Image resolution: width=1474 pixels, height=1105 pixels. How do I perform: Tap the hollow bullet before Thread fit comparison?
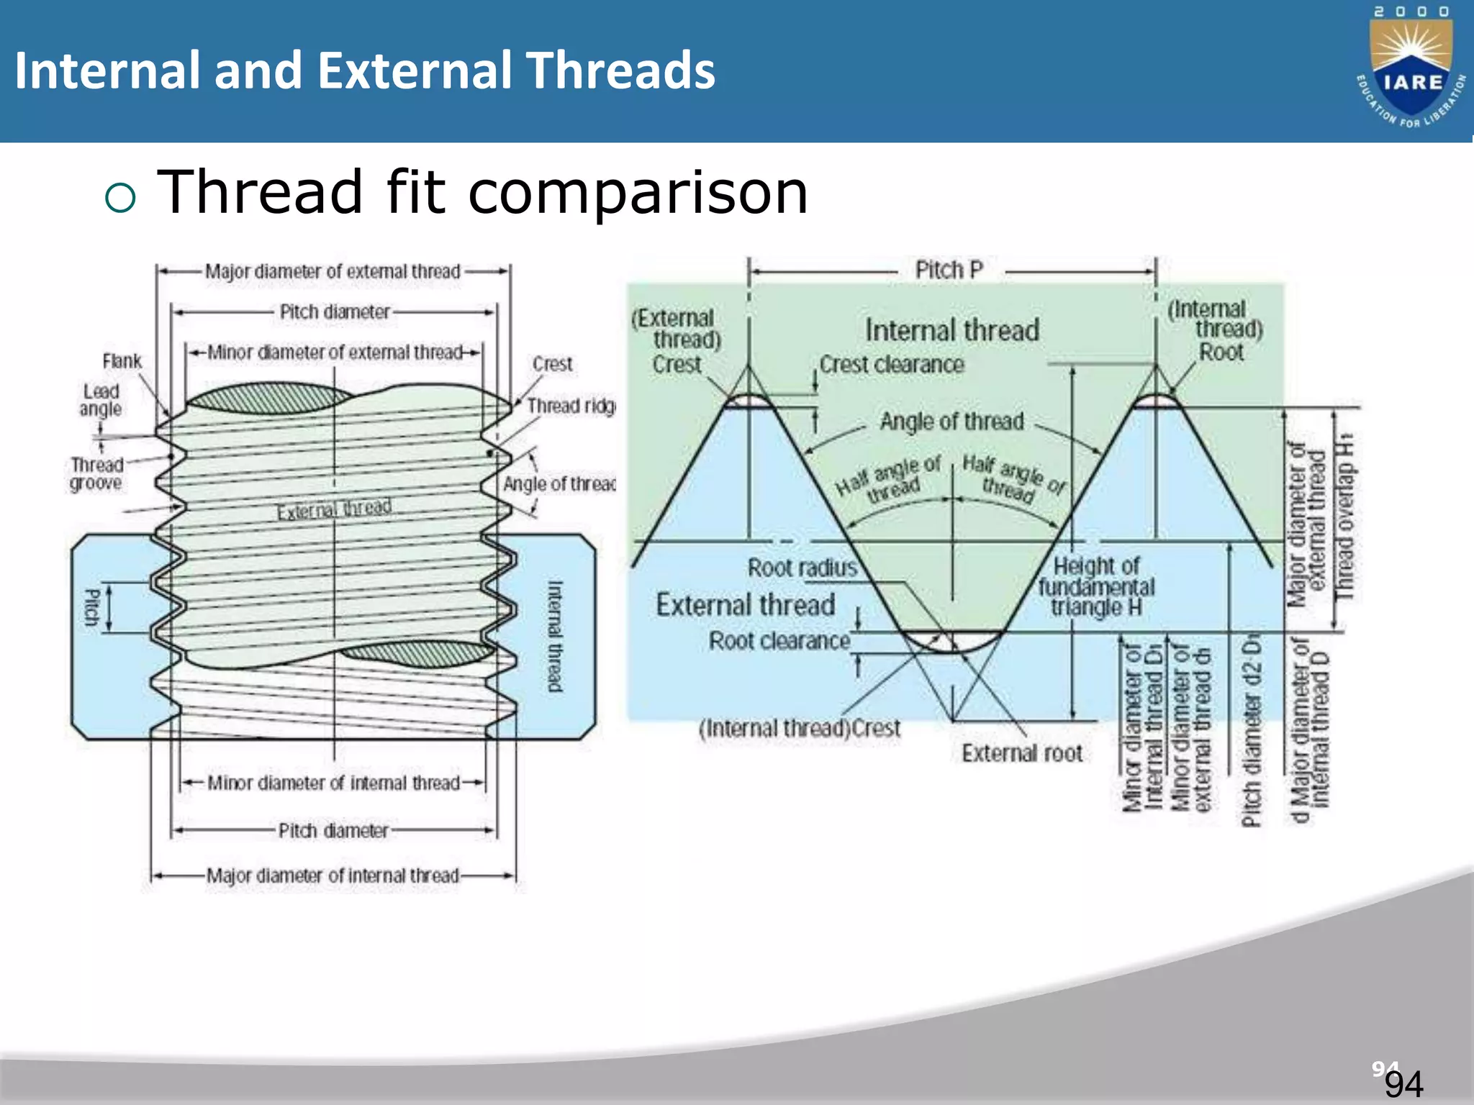(120, 197)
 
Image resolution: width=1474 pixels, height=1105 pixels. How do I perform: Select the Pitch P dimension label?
(949, 270)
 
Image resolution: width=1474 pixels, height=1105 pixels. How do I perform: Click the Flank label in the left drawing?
(122, 361)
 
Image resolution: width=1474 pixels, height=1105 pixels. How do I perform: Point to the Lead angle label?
(101, 401)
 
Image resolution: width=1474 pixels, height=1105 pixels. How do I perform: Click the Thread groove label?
(96, 474)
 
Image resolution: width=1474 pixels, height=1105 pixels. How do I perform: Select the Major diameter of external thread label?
(333, 272)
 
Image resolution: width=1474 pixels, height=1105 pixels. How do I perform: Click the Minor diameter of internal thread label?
(333, 783)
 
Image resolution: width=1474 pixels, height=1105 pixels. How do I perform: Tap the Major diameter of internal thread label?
(333, 876)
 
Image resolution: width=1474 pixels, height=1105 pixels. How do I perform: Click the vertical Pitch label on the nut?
(92, 607)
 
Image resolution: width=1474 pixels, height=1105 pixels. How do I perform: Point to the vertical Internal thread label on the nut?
(555, 636)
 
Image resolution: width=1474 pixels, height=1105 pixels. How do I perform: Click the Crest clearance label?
(892, 365)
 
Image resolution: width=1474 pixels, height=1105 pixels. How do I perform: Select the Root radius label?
(802, 568)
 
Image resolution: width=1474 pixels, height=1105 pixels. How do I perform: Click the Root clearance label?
(779, 641)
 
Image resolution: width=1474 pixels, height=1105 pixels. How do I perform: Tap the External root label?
(1021, 753)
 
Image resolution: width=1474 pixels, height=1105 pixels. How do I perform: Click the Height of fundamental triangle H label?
(1095, 586)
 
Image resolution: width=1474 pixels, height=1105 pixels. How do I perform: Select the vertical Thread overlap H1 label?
(1344, 517)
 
